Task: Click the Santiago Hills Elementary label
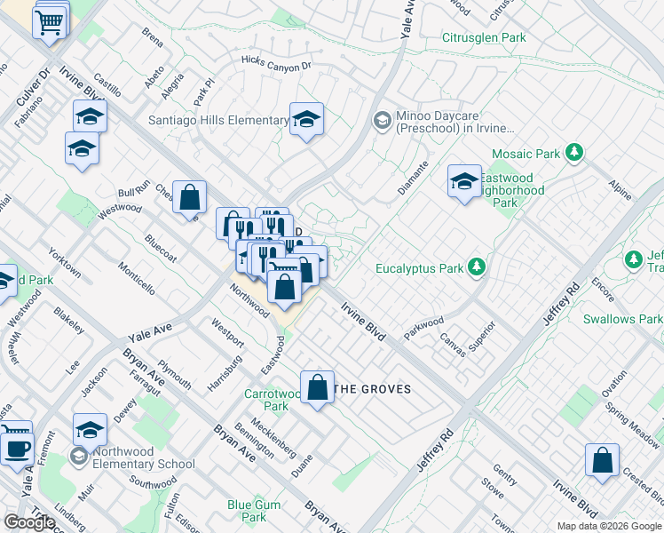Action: [219, 120]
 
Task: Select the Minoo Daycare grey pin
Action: [382, 120]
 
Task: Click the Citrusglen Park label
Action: [484, 37]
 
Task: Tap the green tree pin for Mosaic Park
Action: [574, 153]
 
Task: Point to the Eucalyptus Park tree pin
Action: [477, 266]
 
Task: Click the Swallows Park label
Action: [622, 319]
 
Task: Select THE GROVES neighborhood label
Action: [373, 389]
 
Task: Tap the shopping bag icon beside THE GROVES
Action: [317, 387]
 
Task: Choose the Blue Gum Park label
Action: [247, 511]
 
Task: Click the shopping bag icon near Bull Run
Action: [189, 197]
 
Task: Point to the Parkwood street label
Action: [423, 322]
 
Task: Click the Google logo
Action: [29, 522]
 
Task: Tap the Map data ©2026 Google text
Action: [608, 526]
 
